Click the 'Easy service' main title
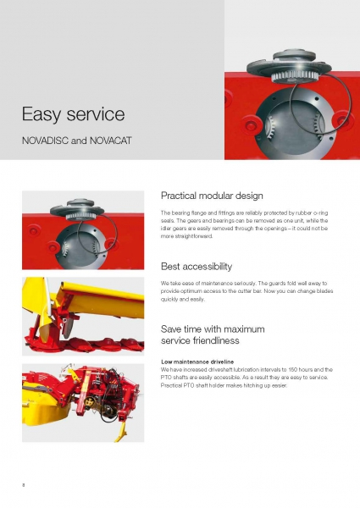pos(73,114)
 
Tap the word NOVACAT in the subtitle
pos(110,141)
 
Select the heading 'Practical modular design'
pos(212,196)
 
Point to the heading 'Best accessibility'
pos(197,267)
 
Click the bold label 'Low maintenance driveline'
pos(197,362)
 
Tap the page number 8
pos(24,485)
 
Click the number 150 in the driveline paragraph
pos(292,369)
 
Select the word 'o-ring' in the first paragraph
pos(321,213)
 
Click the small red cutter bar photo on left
pos(83,230)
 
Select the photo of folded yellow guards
pos(83,316)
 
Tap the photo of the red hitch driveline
pos(83,403)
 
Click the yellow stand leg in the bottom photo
pos(121,431)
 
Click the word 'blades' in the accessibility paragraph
pos(324,291)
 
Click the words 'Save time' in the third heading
pos(180,329)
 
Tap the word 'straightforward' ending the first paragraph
pos(186,236)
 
